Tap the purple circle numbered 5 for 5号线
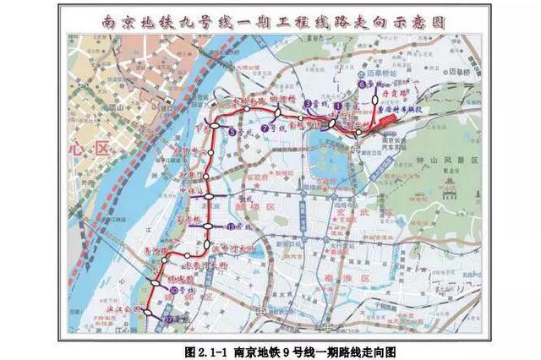[x=232, y=131]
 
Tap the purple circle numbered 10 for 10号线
[x=173, y=290]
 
